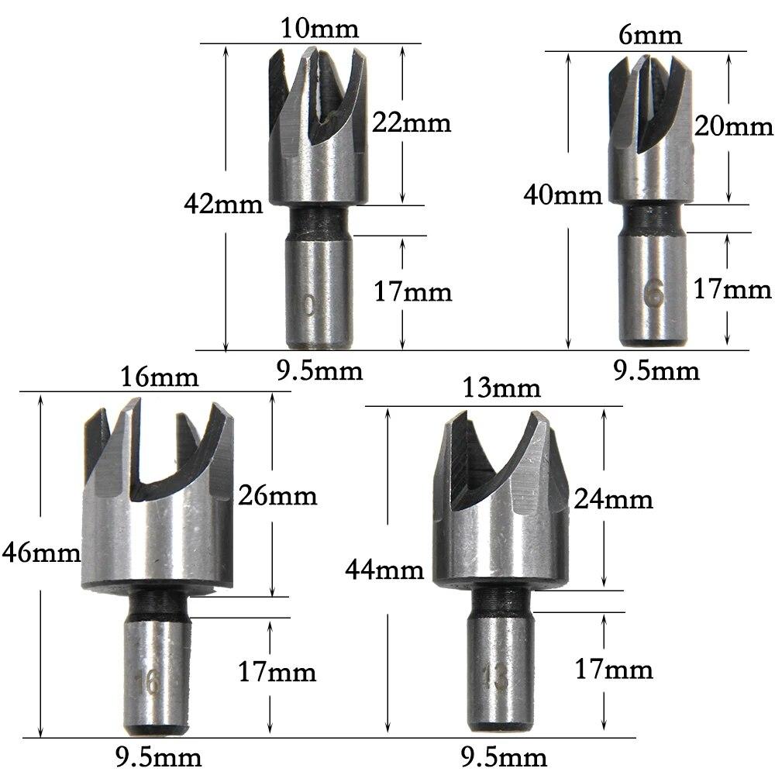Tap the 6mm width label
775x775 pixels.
tap(650, 35)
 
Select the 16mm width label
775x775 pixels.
tap(160, 377)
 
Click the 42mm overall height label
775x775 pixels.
tap(223, 205)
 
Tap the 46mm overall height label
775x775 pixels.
tap(40, 553)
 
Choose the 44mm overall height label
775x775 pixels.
tap(384, 570)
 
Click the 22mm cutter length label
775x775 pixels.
tap(411, 122)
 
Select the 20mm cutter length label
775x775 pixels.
tap(734, 126)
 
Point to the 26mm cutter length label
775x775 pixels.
tap(277, 494)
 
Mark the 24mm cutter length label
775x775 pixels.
tap(613, 499)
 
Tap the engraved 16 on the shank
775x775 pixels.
tap(148, 682)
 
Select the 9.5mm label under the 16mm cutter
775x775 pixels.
tap(160, 756)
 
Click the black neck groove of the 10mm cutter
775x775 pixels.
tap(319, 221)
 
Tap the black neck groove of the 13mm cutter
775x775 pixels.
tap(502, 599)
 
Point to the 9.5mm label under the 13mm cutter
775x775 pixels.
tap(505, 756)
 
